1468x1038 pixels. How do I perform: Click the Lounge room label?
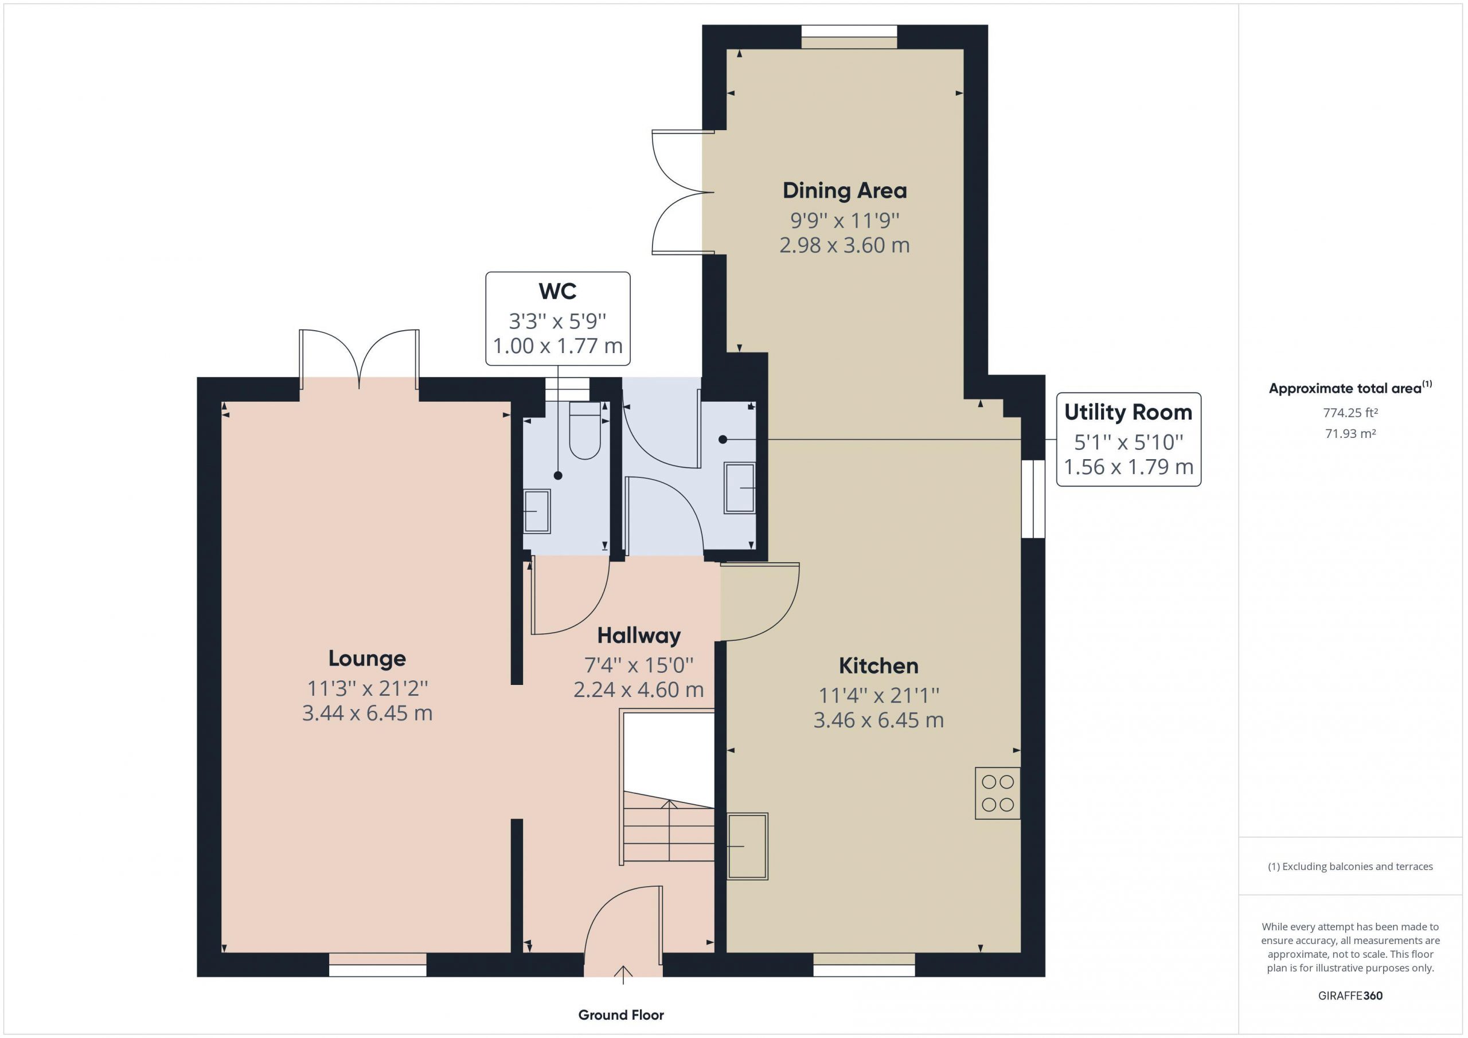(x=367, y=659)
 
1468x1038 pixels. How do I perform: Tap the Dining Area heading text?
(x=845, y=190)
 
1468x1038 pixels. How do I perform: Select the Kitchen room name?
(x=879, y=666)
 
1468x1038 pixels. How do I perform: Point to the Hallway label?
(x=639, y=636)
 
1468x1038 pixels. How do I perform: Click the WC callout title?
(x=557, y=292)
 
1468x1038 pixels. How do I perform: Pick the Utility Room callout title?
(x=1129, y=412)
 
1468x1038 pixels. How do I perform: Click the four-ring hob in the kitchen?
(x=997, y=793)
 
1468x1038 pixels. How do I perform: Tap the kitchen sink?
(x=747, y=846)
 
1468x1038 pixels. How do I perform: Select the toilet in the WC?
(x=584, y=430)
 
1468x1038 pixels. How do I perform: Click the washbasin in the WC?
(x=537, y=511)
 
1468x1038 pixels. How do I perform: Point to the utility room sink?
(x=740, y=488)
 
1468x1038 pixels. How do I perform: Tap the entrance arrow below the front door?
(x=623, y=975)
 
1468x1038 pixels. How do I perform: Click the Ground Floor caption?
(x=621, y=1015)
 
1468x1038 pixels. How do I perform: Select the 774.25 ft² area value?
(x=1350, y=413)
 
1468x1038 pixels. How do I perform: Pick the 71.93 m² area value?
(x=1350, y=433)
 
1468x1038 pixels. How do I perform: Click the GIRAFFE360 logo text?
(x=1350, y=996)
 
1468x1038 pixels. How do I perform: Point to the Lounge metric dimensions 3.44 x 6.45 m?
(x=367, y=712)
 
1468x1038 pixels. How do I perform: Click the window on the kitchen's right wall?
(x=1033, y=499)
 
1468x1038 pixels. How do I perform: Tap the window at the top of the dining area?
(x=849, y=37)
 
